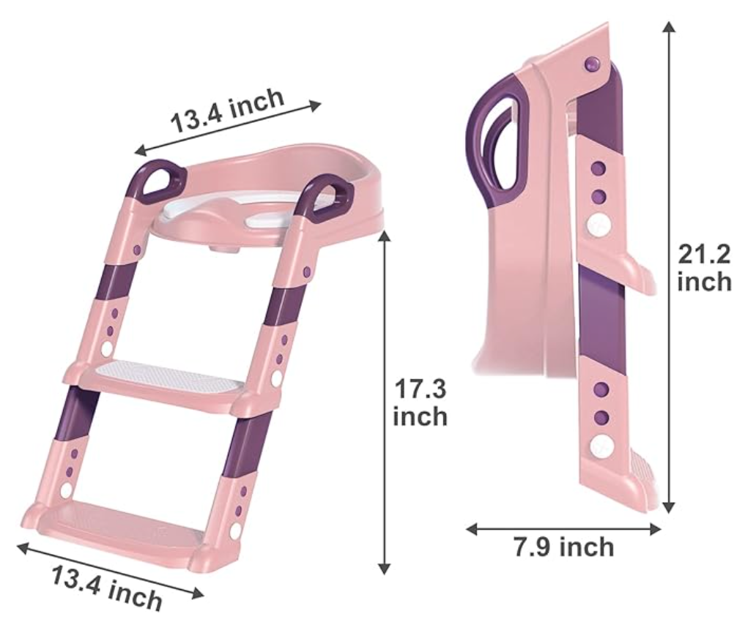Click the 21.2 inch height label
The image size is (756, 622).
coord(704,268)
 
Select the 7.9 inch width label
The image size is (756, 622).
coord(563,547)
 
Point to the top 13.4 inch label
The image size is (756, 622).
coord(227,110)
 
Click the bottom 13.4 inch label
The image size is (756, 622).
coord(107,586)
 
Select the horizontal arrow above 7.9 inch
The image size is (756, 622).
coord(563,528)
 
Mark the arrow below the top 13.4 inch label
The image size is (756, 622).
coord(228,128)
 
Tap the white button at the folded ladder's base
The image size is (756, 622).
coord(601,444)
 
